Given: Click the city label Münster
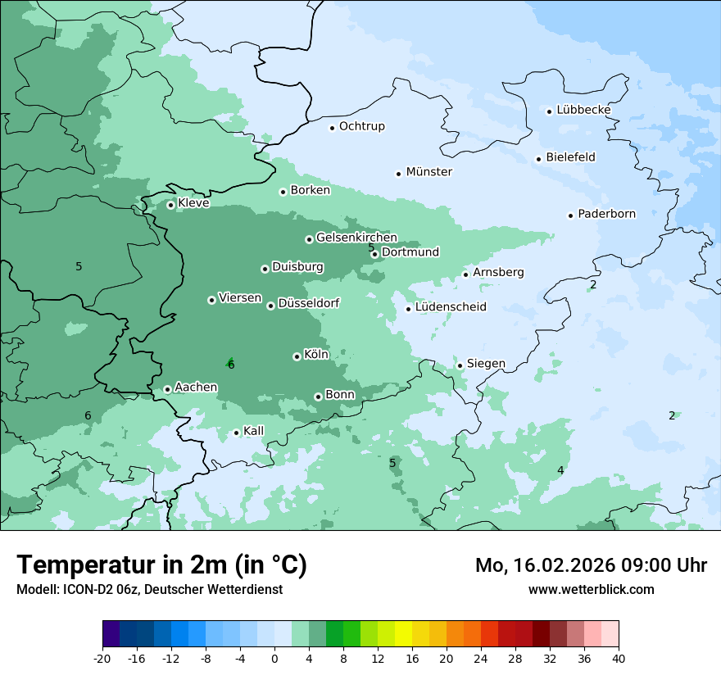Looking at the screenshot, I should coord(429,172).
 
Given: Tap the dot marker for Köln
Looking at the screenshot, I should coord(297,356).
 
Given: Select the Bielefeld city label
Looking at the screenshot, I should coord(570,157).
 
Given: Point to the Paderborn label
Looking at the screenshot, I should coord(606,215).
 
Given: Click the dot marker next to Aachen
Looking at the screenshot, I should coord(167,389).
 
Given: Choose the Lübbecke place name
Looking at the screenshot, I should coord(583,110).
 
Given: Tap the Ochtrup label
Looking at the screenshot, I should coord(361,126).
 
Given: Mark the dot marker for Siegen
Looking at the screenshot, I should coord(460,365).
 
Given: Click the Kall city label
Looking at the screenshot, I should coord(254,431).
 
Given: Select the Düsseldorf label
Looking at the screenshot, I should coord(308,304).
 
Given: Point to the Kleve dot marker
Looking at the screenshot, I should coord(170,205).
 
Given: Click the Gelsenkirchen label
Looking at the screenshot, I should coord(356,238).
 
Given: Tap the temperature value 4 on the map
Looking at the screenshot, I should coord(560,470).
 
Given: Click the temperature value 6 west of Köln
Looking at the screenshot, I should coord(231,365).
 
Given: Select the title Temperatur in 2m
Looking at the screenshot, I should coord(162,564).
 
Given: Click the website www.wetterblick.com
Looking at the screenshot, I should coord(591,589).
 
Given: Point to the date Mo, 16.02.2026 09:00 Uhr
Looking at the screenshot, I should coord(591,565).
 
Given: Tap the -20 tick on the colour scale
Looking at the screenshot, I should coord(102,658).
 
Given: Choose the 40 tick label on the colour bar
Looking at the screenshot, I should coord(619,658).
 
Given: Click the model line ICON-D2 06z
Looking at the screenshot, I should coord(149,589).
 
